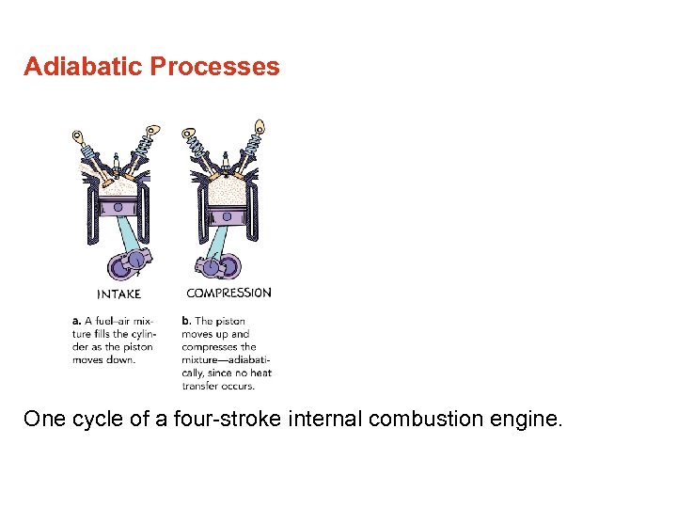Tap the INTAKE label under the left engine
coord(118,294)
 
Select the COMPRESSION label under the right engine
coord(228,293)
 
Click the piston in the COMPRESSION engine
coord(227,215)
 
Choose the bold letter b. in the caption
coord(186,321)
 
